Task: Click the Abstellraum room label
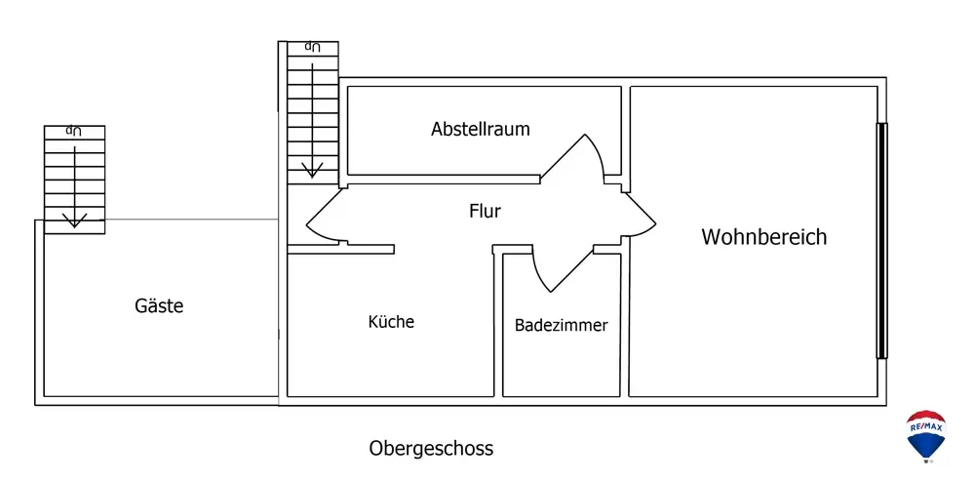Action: click(x=480, y=130)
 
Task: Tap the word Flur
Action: click(x=485, y=211)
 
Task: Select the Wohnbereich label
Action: click(x=764, y=237)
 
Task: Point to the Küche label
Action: click(x=391, y=322)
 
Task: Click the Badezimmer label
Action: click(x=561, y=325)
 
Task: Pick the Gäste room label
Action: click(x=159, y=306)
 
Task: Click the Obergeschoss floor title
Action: click(x=431, y=449)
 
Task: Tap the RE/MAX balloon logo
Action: click(x=926, y=436)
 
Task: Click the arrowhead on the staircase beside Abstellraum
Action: click(x=312, y=170)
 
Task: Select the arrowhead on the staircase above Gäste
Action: click(x=75, y=220)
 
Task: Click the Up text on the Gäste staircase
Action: click(x=74, y=131)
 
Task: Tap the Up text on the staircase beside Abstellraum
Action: click(x=312, y=47)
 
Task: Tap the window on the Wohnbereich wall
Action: click(x=881, y=241)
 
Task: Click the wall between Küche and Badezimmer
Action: click(x=498, y=322)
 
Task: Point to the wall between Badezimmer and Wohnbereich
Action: click(x=625, y=322)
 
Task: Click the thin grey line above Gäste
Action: click(x=191, y=220)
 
